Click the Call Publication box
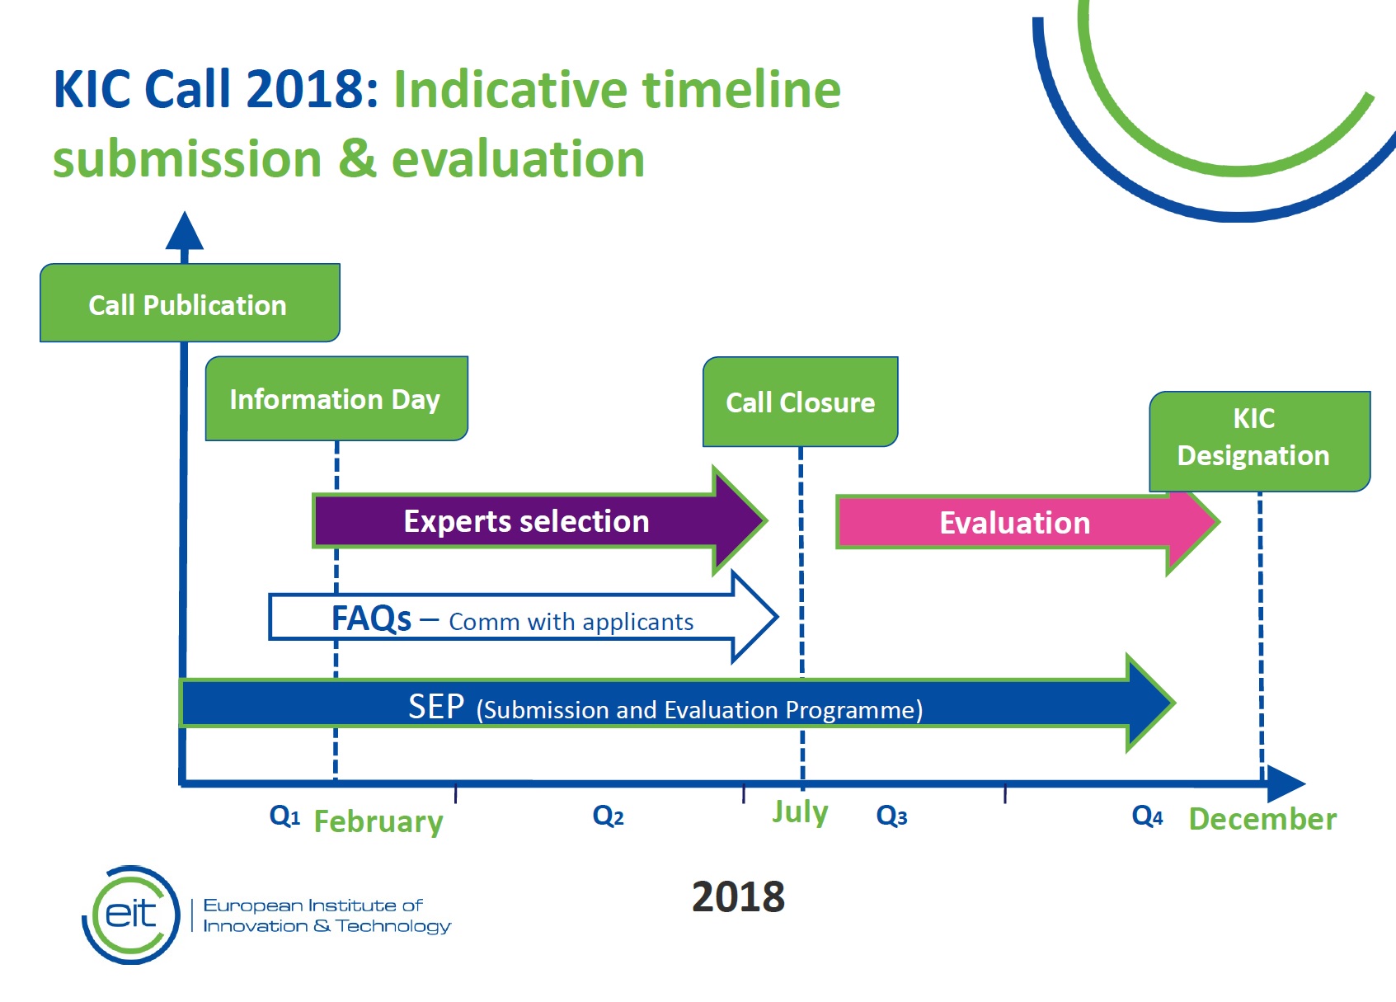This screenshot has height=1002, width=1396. click(189, 303)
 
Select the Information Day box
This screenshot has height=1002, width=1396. click(336, 399)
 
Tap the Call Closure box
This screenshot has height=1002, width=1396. click(800, 402)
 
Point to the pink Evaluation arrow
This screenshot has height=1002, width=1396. click(1016, 523)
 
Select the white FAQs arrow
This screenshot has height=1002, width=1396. click(511, 619)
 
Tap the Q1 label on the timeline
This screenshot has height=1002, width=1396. click(284, 816)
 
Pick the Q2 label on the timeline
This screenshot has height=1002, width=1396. click(608, 816)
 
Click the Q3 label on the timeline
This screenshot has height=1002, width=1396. click(891, 816)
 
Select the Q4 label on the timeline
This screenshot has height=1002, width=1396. click(1147, 816)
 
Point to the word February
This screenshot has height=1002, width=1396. click(378, 821)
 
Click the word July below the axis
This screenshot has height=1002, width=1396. click(800, 812)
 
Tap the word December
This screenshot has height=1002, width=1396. click(1262, 819)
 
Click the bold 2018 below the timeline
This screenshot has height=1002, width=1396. click(738, 896)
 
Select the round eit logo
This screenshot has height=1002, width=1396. click(131, 915)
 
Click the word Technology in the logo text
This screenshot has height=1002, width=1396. click(393, 927)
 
